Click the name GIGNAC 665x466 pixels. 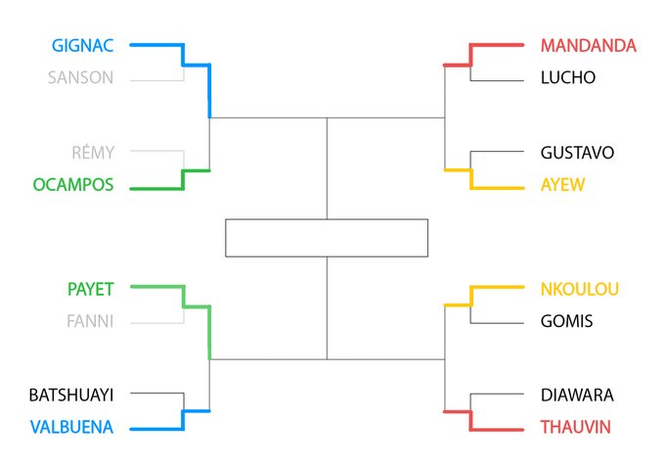[83, 45]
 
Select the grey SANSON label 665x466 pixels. [80, 77]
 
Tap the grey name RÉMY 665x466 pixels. [93, 153]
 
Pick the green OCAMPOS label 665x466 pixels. [72, 184]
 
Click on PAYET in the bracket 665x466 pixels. [90, 289]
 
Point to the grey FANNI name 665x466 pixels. [89, 321]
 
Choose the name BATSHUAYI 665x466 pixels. [71, 396]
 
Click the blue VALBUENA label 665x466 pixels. [71, 427]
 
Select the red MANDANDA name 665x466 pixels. [588, 45]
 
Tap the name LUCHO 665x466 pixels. [567, 77]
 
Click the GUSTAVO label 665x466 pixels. [577, 153]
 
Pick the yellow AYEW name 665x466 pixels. [561, 184]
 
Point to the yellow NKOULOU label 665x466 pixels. [580, 289]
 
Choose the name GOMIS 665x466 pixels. [566, 321]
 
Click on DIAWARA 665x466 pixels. [577, 396]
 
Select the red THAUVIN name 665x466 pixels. [575, 427]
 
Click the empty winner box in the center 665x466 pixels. [327, 238]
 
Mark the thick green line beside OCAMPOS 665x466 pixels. [156, 185]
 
